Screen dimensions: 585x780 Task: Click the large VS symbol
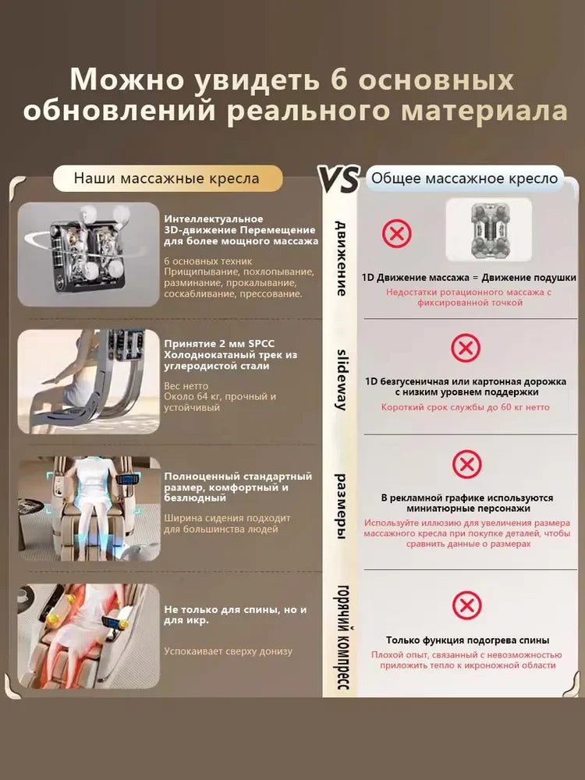point(339,179)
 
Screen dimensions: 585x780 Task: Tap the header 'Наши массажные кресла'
point(167,179)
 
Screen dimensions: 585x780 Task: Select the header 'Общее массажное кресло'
point(465,179)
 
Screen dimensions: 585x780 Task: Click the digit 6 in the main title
point(339,80)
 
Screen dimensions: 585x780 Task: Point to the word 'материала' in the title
point(484,111)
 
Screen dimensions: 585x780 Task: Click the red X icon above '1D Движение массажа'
point(397,233)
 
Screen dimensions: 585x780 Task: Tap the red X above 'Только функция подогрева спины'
point(466,605)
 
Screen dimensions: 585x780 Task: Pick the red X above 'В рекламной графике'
point(466,465)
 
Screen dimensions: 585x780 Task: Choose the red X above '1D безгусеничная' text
point(466,348)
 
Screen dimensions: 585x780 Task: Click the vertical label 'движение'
point(341,258)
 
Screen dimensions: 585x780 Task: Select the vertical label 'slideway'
point(341,380)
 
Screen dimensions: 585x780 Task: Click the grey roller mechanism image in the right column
point(488,230)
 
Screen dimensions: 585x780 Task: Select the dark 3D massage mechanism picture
point(88,254)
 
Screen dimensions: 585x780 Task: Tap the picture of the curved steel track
point(88,381)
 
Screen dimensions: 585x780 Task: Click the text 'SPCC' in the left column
point(261,344)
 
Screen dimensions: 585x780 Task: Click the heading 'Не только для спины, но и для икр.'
point(236,615)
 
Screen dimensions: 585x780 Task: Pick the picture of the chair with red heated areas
point(88,636)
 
